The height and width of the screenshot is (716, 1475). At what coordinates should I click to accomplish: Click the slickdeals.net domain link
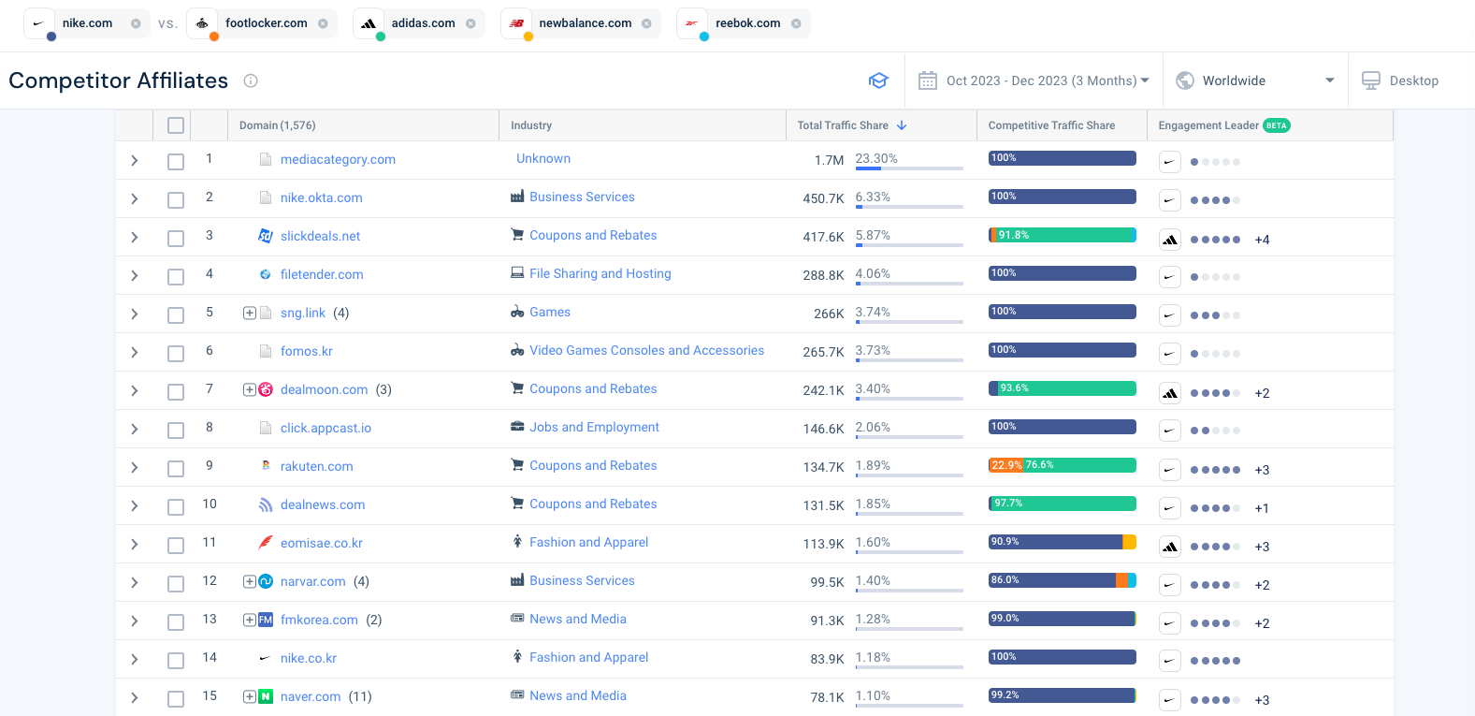pyautogui.click(x=320, y=236)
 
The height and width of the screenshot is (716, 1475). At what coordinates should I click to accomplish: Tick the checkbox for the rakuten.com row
pyautogui.click(x=176, y=468)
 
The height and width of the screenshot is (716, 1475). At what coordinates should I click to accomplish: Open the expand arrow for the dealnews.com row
pyautogui.click(x=135, y=506)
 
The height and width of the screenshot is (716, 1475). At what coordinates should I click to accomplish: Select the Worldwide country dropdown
pyautogui.click(x=1254, y=80)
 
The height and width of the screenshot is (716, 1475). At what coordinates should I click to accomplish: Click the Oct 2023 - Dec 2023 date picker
pyautogui.click(x=1033, y=80)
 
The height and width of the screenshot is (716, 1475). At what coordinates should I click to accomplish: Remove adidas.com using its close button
pyautogui.click(x=470, y=23)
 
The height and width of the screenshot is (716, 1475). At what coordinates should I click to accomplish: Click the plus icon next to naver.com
pyautogui.click(x=250, y=696)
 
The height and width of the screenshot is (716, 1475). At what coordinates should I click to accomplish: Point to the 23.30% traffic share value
pyautogui.click(x=876, y=158)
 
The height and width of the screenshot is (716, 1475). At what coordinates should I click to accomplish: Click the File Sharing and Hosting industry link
pyautogui.click(x=600, y=273)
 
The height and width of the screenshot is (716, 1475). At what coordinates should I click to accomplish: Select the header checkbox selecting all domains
pyautogui.click(x=176, y=125)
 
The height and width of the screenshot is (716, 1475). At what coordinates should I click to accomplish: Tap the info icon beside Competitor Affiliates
pyautogui.click(x=251, y=80)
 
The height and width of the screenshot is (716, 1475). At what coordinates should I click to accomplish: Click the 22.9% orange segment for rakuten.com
pyautogui.click(x=1005, y=465)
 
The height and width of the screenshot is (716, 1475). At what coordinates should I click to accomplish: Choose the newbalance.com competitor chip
pyautogui.click(x=585, y=23)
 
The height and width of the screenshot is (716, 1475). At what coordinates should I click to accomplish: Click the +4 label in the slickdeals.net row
pyautogui.click(x=1262, y=240)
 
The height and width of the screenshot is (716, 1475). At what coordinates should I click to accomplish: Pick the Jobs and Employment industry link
pyautogui.click(x=594, y=427)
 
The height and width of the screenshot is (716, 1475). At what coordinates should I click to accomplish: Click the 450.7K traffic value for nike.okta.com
pyautogui.click(x=823, y=198)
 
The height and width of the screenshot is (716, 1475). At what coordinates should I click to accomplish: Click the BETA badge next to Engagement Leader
pyautogui.click(x=1276, y=125)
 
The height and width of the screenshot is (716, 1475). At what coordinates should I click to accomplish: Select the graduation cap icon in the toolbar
pyautogui.click(x=878, y=80)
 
